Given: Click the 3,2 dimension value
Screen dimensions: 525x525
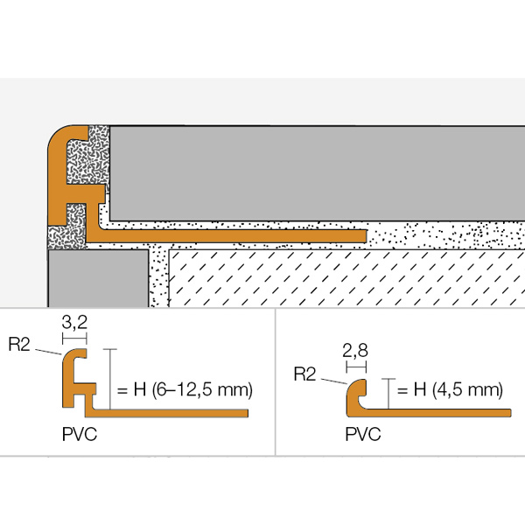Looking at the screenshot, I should [74, 325].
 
